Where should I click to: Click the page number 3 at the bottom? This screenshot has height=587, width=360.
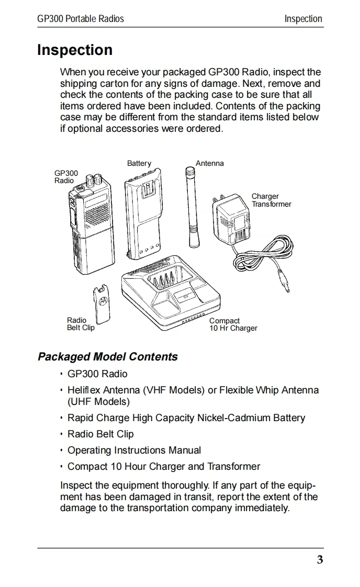click(320, 560)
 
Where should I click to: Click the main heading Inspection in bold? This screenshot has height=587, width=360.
click(75, 50)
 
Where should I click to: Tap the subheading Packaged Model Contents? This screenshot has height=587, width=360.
click(108, 357)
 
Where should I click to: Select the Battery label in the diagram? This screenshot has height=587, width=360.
click(139, 164)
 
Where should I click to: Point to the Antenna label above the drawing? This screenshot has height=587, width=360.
click(209, 164)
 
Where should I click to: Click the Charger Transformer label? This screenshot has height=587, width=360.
click(271, 200)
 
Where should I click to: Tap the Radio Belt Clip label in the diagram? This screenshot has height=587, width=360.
click(81, 324)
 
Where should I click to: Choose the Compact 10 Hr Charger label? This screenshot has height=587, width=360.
click(233, 325)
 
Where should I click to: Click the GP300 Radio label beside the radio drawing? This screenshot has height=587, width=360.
click(66, 177)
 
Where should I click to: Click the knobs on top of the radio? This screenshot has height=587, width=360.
click(93, 181)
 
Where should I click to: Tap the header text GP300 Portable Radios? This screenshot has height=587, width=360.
click(81, 19)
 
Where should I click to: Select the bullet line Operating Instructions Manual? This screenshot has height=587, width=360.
click(134, 450)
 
